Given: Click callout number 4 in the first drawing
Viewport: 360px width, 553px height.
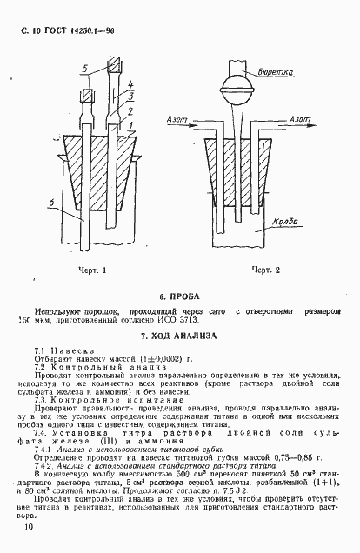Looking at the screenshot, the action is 130,83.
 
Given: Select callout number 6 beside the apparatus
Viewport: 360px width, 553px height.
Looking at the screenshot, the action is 51,203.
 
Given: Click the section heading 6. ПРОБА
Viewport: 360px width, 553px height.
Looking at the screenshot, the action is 180,295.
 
